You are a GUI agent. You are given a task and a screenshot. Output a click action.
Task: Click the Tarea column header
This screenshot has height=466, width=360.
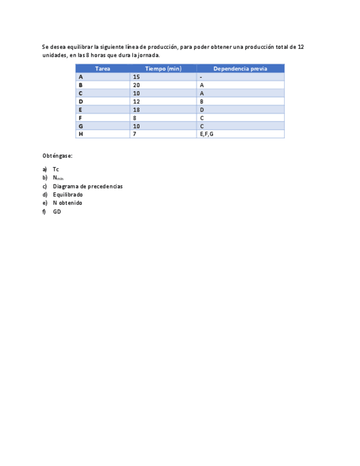[103, 69]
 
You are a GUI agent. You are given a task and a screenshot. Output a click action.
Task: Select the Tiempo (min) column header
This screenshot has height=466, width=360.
[163, 69]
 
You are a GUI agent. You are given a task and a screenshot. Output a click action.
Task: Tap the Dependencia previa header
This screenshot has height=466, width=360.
[240, 69]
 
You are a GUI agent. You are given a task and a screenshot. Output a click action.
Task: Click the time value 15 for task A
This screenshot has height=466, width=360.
[136, 77]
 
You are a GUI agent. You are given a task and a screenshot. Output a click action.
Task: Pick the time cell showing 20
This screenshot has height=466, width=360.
[136, 85]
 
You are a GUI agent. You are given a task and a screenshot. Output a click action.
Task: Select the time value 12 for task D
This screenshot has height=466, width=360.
[136, 102]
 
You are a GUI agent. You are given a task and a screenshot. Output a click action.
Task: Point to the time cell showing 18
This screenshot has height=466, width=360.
[136, 110]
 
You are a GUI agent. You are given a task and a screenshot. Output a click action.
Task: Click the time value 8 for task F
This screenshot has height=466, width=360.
[135, 118]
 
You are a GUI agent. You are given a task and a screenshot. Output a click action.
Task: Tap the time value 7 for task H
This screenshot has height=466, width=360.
[135, 134]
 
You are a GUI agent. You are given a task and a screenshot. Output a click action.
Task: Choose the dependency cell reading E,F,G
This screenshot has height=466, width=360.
[207, 134]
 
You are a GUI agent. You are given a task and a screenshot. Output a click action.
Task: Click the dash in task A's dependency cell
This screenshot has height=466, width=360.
[201, 77]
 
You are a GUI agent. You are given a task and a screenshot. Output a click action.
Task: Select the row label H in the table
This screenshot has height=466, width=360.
[81, 134]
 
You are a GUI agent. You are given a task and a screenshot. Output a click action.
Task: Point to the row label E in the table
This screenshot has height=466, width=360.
[80, 110]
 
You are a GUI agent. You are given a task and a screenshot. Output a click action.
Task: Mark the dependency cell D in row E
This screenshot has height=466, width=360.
[202, 110]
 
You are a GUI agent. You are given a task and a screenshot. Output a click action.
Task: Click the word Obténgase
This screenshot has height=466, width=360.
[57, 156]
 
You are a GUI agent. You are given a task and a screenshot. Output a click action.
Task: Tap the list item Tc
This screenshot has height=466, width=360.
[56, 169]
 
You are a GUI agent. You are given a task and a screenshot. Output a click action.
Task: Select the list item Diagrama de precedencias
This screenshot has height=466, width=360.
[87, 186]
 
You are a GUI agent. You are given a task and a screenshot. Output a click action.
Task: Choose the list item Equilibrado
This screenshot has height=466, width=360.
[68, 195]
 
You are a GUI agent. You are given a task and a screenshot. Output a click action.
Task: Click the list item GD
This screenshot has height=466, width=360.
[57, 212]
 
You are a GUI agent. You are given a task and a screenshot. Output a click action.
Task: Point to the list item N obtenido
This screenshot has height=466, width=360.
[68, 203]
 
